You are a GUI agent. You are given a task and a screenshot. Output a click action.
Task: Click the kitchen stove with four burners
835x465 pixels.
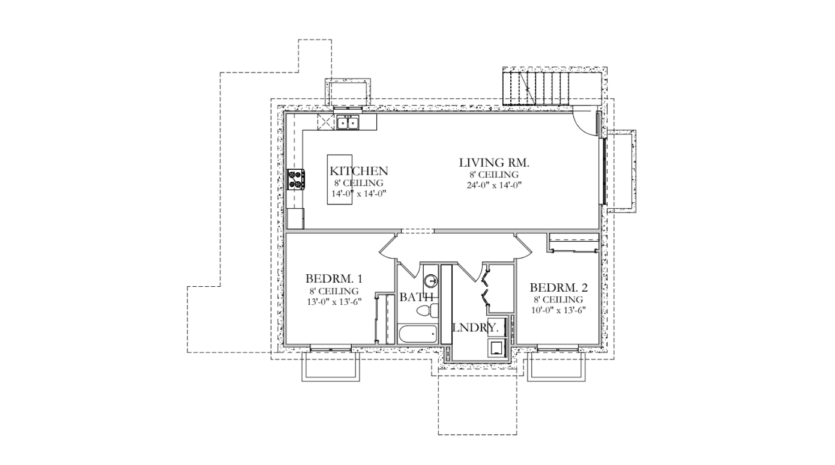coord(297,179)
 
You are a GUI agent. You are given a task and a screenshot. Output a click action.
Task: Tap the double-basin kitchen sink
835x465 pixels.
coord(348,122)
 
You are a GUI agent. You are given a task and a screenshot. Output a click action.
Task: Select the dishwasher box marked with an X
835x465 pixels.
coord(325,122)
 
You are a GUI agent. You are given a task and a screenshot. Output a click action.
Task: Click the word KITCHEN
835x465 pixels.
coord(358,171)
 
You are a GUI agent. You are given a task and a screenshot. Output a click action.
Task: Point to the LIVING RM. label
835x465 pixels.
coord(494,163)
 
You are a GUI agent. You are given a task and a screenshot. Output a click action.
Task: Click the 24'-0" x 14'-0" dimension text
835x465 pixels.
coord(494,185)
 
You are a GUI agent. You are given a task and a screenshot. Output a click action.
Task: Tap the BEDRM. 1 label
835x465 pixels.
coord(334,279)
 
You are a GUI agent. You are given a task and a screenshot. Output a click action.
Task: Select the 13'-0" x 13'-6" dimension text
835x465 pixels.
coord(334,302)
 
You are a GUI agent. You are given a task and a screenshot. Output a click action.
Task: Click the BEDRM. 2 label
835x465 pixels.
coord(558,287)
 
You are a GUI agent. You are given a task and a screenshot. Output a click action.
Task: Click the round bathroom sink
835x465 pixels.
coord(431,280)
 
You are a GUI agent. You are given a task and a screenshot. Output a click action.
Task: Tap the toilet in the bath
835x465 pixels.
coord(427,311)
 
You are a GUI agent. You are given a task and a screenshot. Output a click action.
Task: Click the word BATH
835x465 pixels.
coord(417,298)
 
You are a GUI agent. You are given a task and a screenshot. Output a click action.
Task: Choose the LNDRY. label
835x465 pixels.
coord(475,328)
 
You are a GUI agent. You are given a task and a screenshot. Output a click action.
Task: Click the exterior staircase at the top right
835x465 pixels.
coord(537,89)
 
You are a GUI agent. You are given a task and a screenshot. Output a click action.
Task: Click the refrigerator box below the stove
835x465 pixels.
coord(296,219)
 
